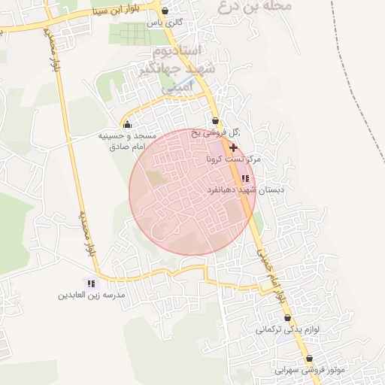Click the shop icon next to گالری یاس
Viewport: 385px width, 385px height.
point(165,11)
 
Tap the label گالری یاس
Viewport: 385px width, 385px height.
point(165,23)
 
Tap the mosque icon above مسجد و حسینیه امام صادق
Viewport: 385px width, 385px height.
point(126,124)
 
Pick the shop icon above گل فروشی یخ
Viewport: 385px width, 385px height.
point(216,120)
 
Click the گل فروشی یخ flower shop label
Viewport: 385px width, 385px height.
point(217,132)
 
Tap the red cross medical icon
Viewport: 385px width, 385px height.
point(233,148)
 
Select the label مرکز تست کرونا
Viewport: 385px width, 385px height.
point(233,160)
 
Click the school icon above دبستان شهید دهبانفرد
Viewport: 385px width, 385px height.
point(245,178)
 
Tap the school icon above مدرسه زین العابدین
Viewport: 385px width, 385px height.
point(91,283)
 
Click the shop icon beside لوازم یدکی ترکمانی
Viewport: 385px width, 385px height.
point(287,319)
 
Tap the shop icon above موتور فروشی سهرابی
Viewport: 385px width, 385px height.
point(310,359)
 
